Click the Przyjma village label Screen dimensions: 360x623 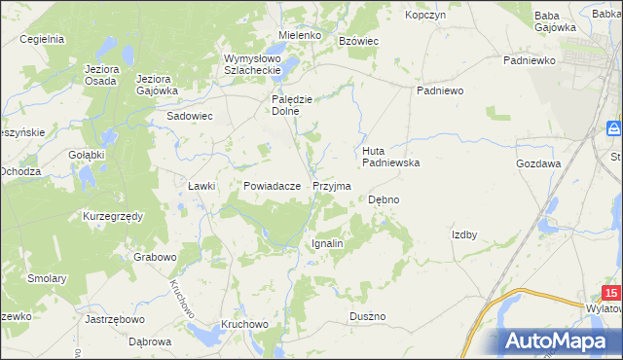tap(331, 185)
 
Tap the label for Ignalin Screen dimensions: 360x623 tap(327, 243)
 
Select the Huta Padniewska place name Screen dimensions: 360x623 tap(390, 157)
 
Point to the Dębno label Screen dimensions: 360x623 tap(384, 199)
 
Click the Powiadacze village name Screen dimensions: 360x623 tap(272, 185)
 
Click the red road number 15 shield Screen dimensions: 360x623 tap(610, 293)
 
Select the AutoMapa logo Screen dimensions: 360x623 tap(560, 341)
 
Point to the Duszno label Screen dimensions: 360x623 tap(368, 316)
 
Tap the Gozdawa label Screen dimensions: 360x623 tap(538, 163)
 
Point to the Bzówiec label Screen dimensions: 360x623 tap(357, 41)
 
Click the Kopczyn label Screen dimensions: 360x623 tap(425, 16)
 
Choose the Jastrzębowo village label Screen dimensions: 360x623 tap(115, 318)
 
